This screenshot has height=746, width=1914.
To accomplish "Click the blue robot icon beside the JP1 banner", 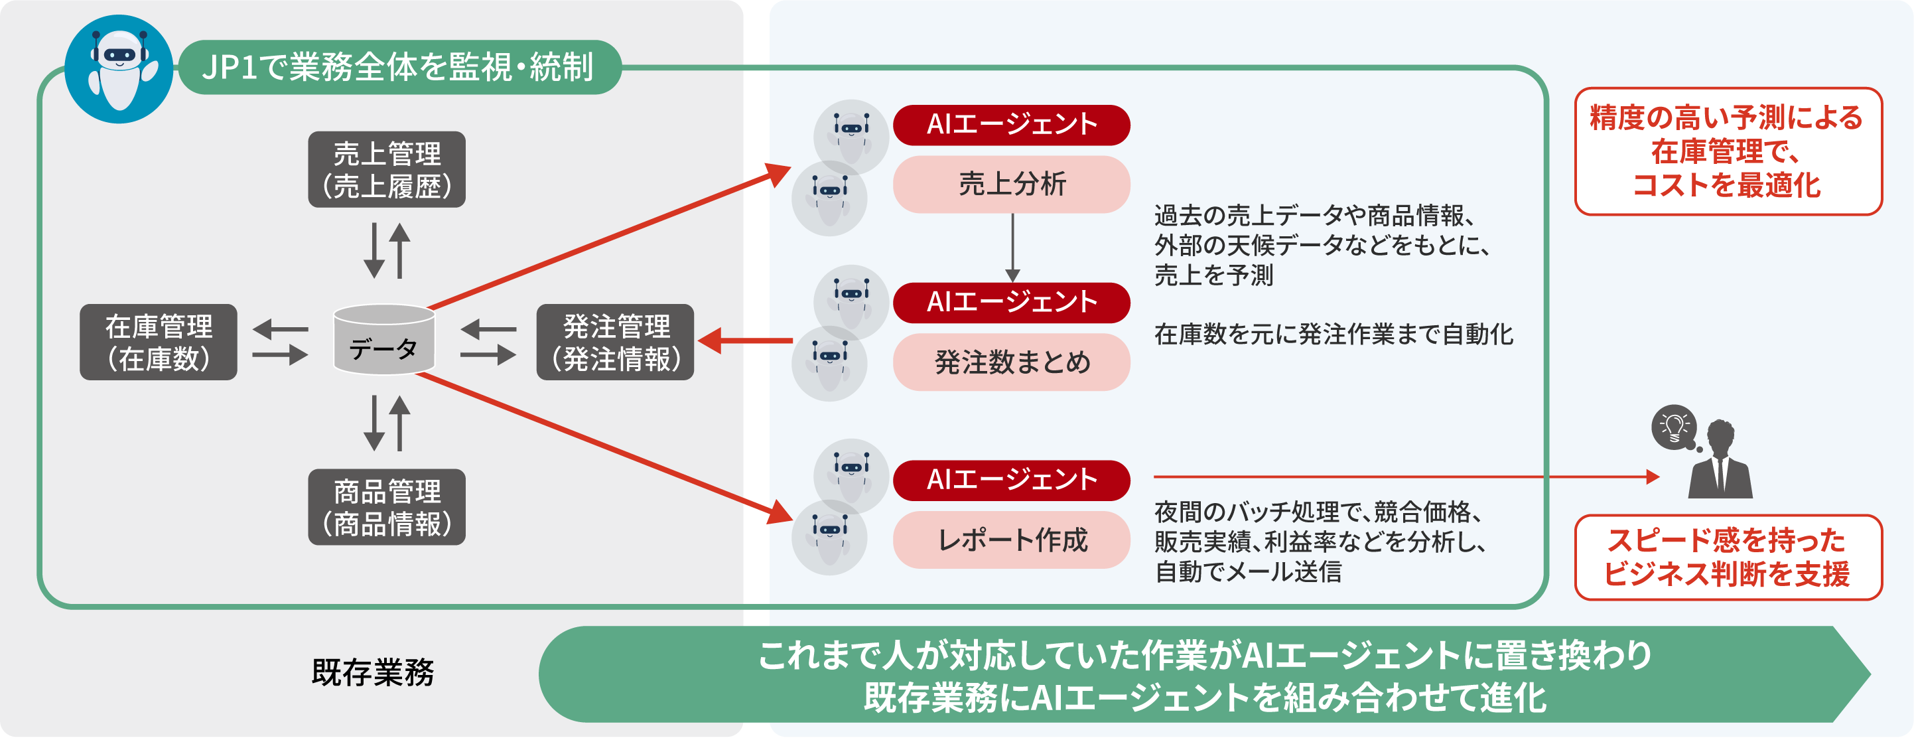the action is tap(119, 68).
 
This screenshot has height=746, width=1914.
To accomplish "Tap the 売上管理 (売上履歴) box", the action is tap(386, 169).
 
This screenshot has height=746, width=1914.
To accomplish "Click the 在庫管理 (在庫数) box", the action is tap(159, 342).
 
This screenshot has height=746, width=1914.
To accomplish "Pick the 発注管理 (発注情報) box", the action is tap(615, 342).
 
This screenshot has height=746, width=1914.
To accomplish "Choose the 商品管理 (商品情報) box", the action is tap(386, 508).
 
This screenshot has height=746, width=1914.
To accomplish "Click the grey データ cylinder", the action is tap(384, 340).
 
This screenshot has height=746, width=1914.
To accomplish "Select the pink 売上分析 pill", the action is tap(1011, 185).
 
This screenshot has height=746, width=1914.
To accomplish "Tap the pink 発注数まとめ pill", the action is tap(1011, 362).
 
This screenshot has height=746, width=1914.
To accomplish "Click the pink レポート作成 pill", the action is tap(1011, 540).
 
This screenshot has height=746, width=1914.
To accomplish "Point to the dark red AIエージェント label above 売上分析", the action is tap(1011, 125).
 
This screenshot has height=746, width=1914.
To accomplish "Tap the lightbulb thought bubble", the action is tap(1675, 427).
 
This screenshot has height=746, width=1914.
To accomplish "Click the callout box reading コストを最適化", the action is tap(1728, 151).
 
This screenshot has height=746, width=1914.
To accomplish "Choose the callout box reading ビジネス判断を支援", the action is tap(1728, 558).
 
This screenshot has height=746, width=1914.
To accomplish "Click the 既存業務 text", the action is tap(373, 673).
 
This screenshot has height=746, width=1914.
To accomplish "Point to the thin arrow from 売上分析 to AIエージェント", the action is tap(1012, 248).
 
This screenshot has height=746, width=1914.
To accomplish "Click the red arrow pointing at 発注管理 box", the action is tap(745, 341).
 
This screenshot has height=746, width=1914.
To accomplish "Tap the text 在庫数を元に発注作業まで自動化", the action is tap(1333, 335).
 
